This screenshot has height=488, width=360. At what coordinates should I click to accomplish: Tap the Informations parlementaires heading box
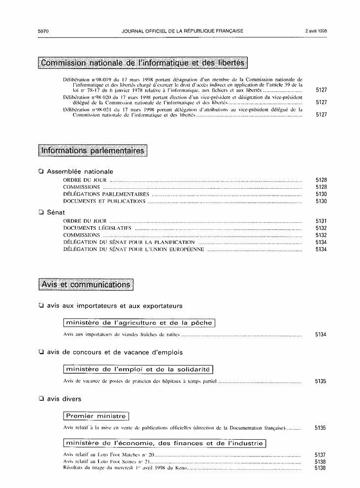click(x=93, y=150)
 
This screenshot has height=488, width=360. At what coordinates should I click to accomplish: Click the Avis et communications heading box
click(x=86, y=284)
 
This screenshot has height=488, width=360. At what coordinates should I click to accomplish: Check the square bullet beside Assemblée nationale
click(x=41, y=172)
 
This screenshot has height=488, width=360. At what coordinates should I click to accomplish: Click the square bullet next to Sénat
click(x=41, y=212)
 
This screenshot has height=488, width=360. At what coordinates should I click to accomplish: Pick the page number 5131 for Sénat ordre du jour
click(x=321, y=221)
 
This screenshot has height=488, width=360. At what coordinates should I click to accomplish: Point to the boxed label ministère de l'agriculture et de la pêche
click(x=139, y=323)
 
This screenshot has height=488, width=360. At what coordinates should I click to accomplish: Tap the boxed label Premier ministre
click(x=96, y=416)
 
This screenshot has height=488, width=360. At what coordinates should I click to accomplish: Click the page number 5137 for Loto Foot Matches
click(x=320, y=454)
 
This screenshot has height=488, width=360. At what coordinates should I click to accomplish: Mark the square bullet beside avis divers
click(x=41, y=399)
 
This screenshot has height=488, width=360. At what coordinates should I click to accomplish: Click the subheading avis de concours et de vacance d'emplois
click(x=115, y=352)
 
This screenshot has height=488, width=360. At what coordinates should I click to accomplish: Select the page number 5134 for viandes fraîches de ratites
click(x=321, y=335)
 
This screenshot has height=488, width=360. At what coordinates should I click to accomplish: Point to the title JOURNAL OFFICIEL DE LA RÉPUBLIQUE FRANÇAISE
click(x=182, y=31)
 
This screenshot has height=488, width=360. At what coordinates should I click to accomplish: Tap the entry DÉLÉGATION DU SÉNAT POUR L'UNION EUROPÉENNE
click(x=133, y=249)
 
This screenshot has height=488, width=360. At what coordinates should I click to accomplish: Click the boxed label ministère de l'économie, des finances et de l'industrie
click(x=164, y=443)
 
